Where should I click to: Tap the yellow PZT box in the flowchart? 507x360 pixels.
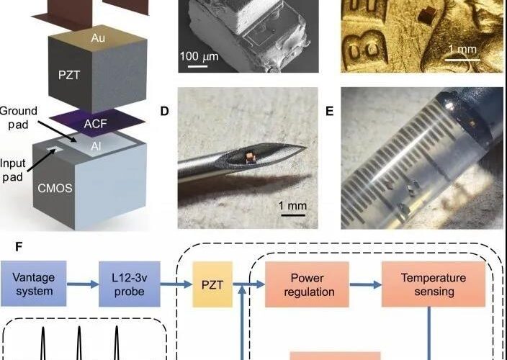click(209, 284)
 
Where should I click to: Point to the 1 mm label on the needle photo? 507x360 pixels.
click(292, 206)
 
